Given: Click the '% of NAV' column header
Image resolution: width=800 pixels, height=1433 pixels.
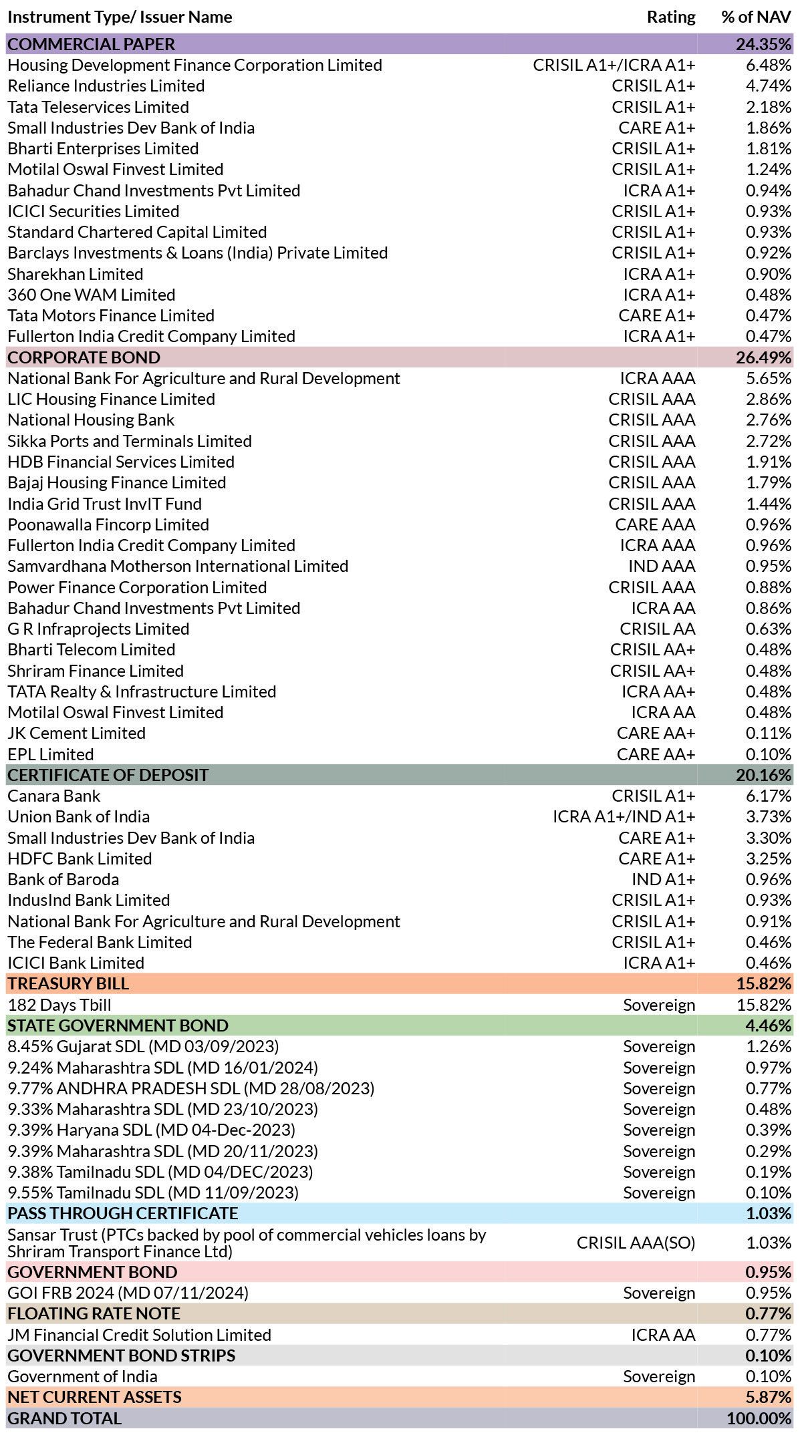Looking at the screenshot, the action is tap(756, 17).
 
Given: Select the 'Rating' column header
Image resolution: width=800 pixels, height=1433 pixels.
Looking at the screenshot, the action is tap(671, 17).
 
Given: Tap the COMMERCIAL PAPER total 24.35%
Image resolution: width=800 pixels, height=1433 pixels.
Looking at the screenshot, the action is tap(763, 44).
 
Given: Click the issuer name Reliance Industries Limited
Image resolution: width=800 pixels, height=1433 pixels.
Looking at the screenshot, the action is tap(106, 86).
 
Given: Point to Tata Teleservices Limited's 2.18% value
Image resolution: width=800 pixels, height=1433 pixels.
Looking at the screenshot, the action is tap(769, 107).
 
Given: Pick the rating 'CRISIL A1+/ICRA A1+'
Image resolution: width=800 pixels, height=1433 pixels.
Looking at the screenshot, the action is tap(614, 65).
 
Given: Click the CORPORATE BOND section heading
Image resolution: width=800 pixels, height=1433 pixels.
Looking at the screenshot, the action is tap(84, 357).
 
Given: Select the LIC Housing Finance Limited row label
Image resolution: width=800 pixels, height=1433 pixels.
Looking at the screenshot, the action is tap(112, 400).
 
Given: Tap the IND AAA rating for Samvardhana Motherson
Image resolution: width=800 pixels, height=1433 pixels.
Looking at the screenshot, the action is tap(662, 567).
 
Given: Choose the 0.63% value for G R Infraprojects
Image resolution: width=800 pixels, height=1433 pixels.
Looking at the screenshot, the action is tap(769, 629).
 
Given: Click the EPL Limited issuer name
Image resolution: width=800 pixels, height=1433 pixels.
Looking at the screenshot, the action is tap(51, 754).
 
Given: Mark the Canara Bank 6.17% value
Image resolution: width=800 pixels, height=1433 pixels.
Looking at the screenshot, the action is tap(769, 796).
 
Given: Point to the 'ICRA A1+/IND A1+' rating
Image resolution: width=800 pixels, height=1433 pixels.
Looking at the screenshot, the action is tap(624, 817).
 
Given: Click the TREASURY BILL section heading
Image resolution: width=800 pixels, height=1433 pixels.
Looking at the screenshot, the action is tap(68, 984).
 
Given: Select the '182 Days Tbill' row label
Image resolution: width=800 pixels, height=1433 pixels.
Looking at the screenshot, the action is tap(59, 1005).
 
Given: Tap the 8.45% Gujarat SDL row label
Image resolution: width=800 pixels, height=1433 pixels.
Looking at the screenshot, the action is tap(143, 1047).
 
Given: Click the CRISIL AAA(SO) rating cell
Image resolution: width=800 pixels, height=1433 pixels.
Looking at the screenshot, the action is tap(636, 1243).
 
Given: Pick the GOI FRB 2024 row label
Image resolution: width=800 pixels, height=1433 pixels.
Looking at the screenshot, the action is tap(128, 1293).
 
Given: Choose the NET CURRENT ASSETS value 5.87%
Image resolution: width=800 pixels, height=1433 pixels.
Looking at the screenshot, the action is tap(769, 1398).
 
